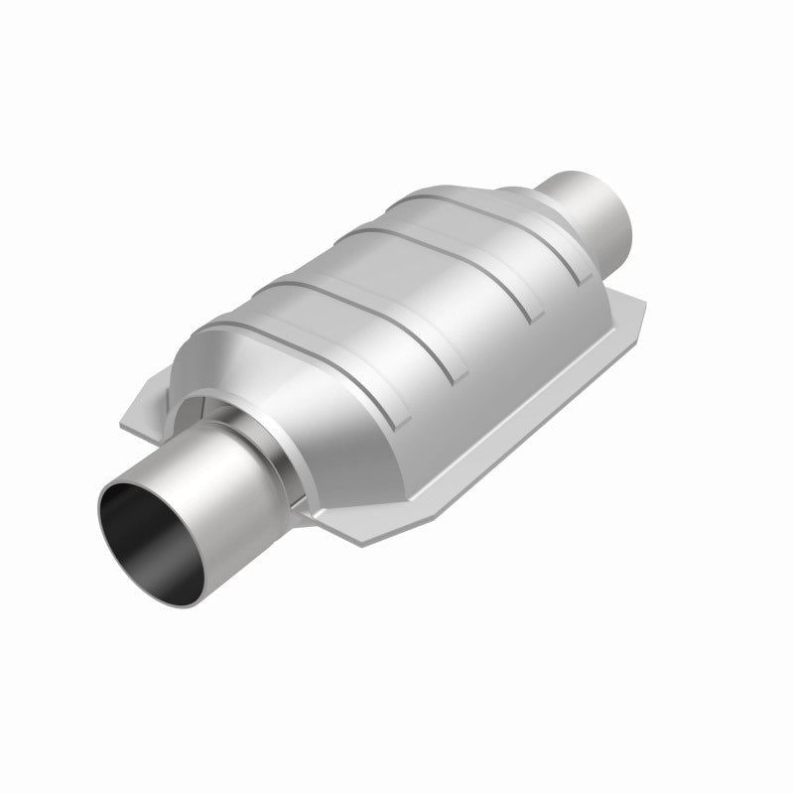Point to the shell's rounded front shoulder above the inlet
point(213,362)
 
